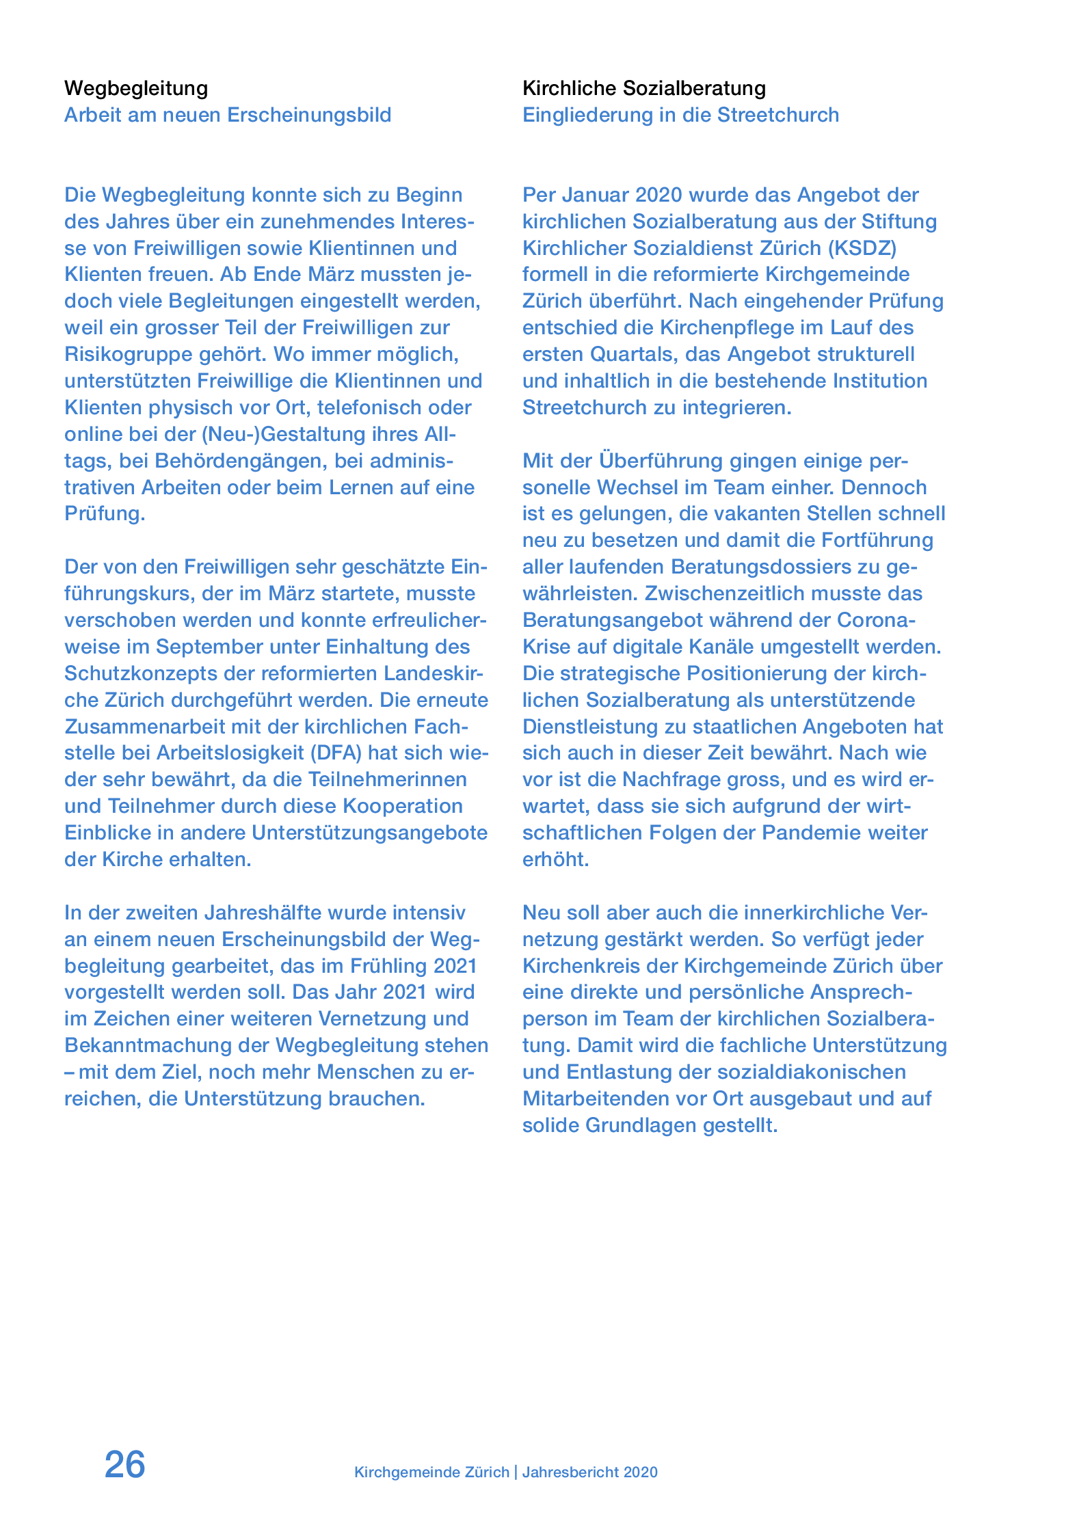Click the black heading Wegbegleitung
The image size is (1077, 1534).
[136, 88]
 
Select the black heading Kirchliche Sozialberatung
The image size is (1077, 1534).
[644, 88]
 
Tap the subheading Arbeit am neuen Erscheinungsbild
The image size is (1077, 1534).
[228, 115]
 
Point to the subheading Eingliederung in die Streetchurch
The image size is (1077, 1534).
[680, 115]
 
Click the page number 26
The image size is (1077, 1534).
[124, 1464]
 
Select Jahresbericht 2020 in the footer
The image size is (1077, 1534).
[590, 1472]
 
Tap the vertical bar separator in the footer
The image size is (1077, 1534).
[516, 1472]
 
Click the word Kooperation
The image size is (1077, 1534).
[403, 806]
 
